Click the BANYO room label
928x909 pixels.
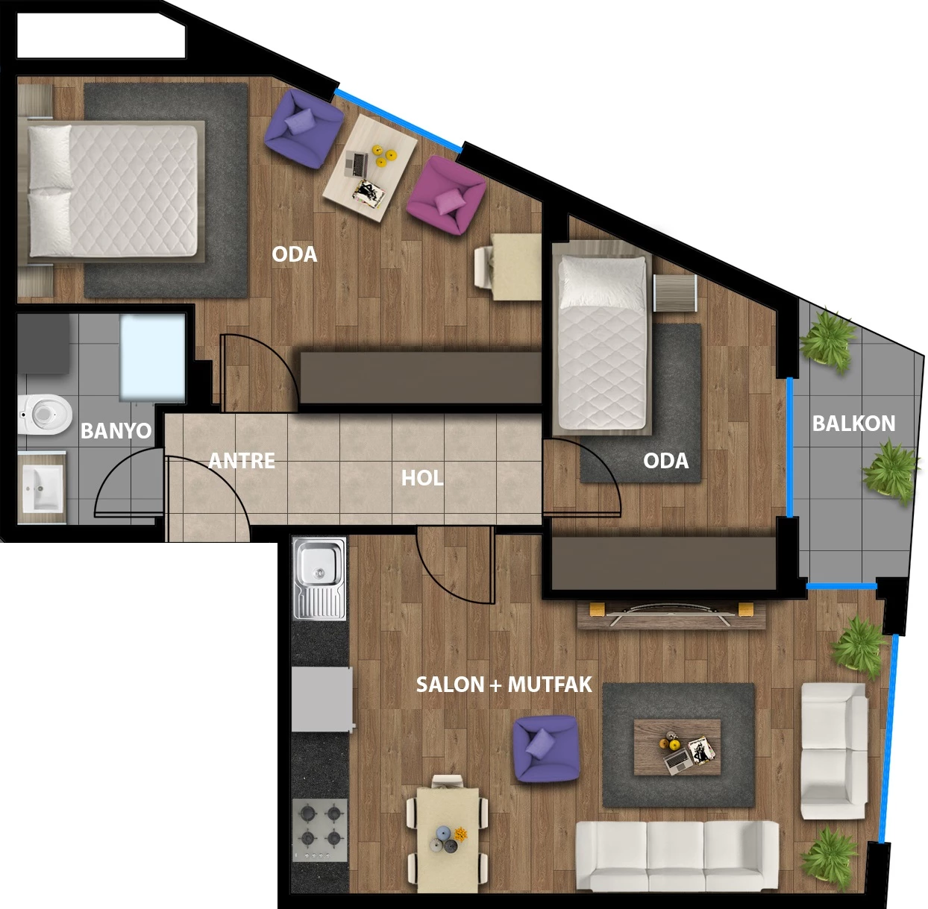(x=116, y=431)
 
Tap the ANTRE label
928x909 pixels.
(x=242, y=461)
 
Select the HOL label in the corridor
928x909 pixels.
(x=422, y=478)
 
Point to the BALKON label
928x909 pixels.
(x=854, y=424)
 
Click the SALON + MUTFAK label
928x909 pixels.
(x=504, y=685)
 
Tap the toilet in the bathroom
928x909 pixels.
(x=45, y=415)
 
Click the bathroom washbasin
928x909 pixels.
(x=43, y=488)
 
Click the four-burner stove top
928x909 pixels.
(x=320, y=830)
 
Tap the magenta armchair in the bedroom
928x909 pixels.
(x=446, y=195)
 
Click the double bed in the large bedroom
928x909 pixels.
(x=113, y=191)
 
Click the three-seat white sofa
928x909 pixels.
(x=677, y=856)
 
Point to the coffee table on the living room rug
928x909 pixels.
(x=677, y=747)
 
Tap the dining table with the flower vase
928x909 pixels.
(x=448, y=840)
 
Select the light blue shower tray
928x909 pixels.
(x=152, y=358)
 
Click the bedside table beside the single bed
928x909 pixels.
(x=675, y=293)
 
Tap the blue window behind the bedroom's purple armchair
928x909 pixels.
(x=398, y=121)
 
